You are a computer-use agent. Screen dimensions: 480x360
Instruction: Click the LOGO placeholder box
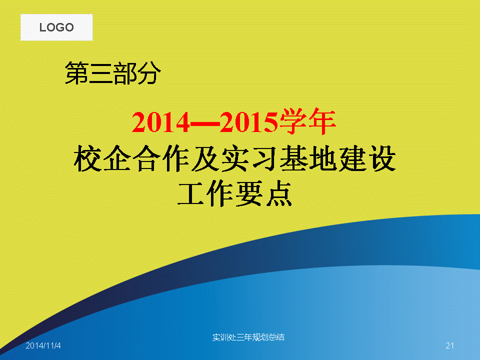[x=56, y=27]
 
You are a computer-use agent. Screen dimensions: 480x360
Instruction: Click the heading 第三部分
[x=112, y=73]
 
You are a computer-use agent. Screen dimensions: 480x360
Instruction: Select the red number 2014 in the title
[x=161, y=122]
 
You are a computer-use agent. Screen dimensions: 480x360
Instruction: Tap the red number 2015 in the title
[x=249, y=122]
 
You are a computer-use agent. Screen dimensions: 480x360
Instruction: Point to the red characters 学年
[x=307, y=121]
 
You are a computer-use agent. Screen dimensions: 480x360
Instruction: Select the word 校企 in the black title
[x=102, y=158]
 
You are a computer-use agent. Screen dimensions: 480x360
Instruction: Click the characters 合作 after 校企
[x=161, y=158]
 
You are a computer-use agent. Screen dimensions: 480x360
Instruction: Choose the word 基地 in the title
[x=308, y=158]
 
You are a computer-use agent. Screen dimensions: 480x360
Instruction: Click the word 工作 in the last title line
[x=206, y=193]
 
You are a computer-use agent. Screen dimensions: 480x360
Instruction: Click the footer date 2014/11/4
[x=43, y=345]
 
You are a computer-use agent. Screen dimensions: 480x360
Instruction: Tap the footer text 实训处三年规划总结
[x=248, y=337]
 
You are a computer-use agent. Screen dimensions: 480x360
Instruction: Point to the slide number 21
[x=449, y=345]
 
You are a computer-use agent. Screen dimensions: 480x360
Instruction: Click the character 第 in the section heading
[x=76, y=73]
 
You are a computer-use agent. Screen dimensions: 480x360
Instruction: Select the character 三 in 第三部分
[x=100, y=73]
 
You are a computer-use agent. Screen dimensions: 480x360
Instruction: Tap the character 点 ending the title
[x=279, y=193]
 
